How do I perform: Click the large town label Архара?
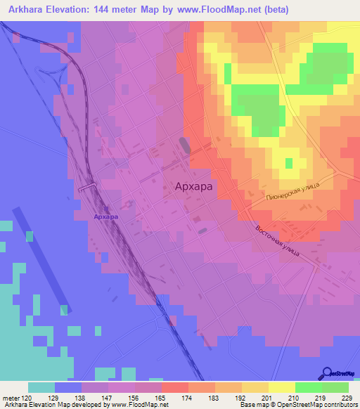192,186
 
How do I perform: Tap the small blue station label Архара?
105,217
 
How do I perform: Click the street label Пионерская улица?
293,191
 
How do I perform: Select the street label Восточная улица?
278,240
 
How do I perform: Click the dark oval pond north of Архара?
184,147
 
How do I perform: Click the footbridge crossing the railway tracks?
87,187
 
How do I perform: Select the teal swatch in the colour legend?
41,387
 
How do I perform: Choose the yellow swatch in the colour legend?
282,387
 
